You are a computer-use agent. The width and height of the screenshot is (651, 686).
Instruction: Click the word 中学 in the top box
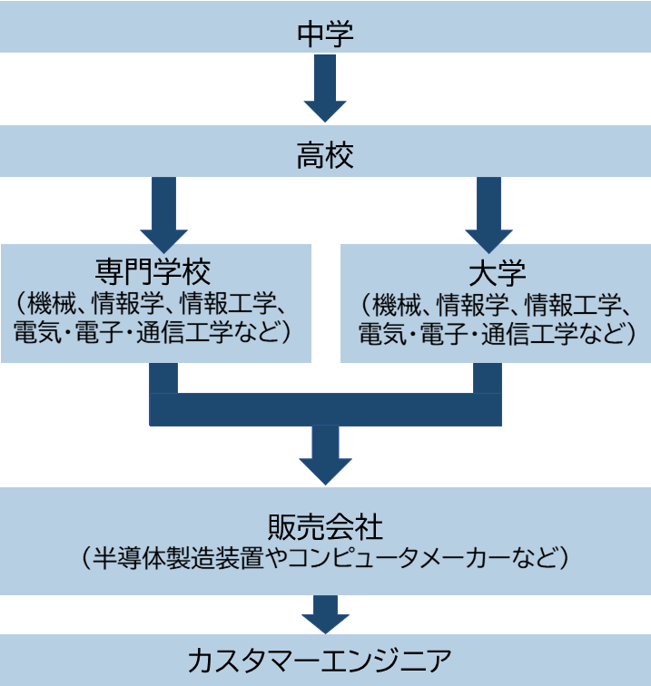coord(325,34)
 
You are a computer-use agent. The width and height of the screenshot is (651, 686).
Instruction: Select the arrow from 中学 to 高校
coord(325,87)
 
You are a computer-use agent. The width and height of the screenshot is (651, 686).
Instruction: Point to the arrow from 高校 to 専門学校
coord(163,213)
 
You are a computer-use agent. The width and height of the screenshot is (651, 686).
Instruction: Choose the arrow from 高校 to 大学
coord(488,213)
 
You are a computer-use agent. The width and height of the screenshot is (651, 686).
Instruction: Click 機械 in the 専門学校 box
coord(53,300)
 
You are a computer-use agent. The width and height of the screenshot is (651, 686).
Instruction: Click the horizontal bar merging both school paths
coord(325,409)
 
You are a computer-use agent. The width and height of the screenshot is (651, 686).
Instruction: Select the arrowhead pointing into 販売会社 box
coord(325,466)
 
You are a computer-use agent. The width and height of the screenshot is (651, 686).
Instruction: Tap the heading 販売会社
coord(325,526)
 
